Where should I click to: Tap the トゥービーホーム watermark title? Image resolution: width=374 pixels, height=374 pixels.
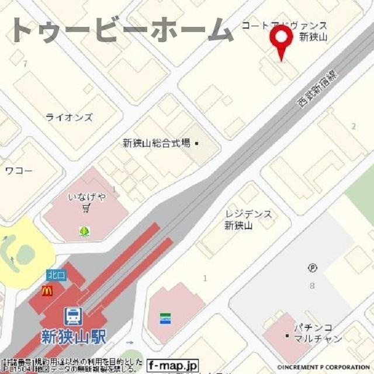tap(122, 30)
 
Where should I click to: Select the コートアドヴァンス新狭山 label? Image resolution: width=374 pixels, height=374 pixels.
tap(285, 30)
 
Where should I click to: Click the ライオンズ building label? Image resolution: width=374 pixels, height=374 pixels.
tap(69, 117)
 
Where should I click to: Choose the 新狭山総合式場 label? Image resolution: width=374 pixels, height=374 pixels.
tap(157, 143)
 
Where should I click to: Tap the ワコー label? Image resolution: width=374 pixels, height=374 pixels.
tap(19, 171)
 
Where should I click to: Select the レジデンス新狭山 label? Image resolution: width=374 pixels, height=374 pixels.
tap(248, 220)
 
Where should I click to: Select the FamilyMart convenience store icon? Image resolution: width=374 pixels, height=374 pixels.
tap(165, 318)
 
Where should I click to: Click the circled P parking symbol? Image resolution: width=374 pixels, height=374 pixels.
tap(312, 268)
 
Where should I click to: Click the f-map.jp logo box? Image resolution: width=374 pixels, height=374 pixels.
tap(172, 365)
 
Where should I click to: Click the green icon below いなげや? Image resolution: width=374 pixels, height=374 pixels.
tap(85, 231)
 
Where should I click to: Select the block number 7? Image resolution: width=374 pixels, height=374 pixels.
tap(25, 63)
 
